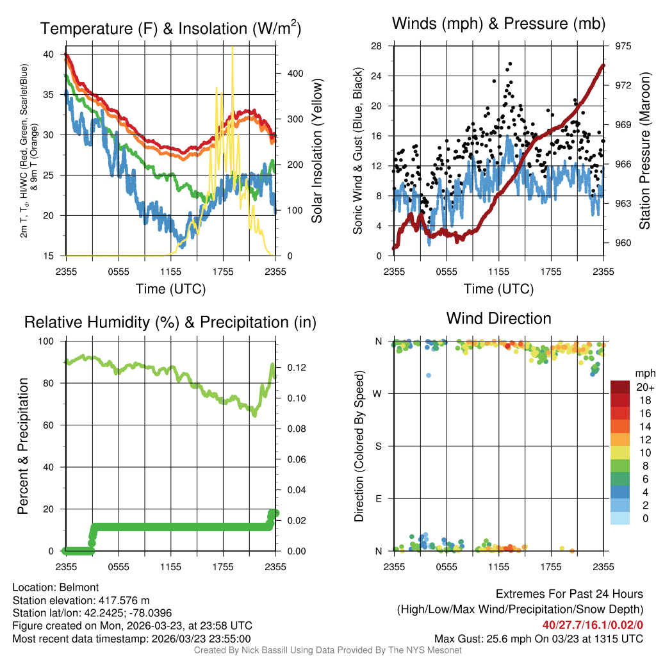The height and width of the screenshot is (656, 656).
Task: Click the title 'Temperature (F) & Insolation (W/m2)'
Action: (x=170, y=29)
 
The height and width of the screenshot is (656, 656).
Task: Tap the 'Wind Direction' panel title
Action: (x=498, y=318)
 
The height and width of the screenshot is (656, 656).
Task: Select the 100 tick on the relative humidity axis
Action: (x=51, y=341)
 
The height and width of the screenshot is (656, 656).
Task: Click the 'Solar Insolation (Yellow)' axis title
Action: (x=316, y=151)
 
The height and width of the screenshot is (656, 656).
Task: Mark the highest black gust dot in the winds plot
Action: (x=510, y=64)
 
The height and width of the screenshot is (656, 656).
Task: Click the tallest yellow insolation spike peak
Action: (x=232, y=49)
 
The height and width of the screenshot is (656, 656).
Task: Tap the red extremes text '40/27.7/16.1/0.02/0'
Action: (x=593, y=625)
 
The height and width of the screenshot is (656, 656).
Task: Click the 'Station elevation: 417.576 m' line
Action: (x=81, y=600)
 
